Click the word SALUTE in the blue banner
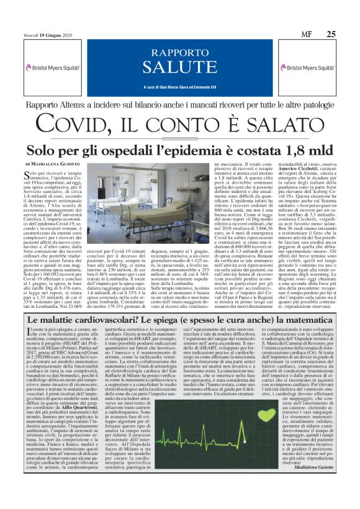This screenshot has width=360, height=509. [x=179, y=66]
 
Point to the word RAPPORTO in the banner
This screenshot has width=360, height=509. [x=179, y=52]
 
